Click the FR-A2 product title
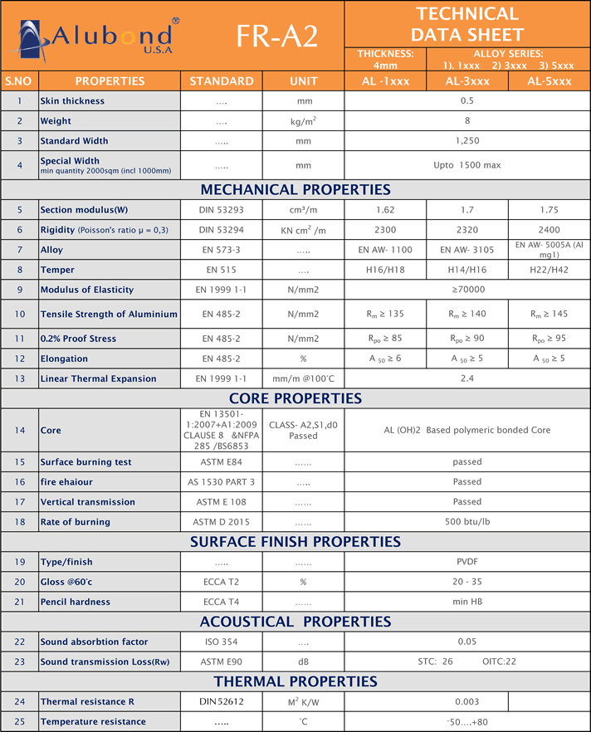click(x=276, y=36)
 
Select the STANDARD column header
click(x=222, y=81)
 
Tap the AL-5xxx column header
click(x=549, y=81)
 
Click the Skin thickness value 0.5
click(x=467, y=101)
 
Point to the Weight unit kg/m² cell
click(x=303, y=121)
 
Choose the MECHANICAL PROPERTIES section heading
click(x=295, y=190)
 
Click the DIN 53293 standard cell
click(x=222, y=210)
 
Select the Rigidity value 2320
click(x=467, y=230)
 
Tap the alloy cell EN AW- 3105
click(x=467, y=250)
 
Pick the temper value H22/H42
click(x=549, y=270)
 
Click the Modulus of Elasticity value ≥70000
click(x=467, y=290)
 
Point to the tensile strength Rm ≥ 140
click(x=467, y=314)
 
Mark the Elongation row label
click(x=64, y=359)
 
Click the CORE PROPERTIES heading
click(x=295, y=398)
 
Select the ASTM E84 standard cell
click(x=222, y=462)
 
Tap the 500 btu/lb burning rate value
click(x=467, y=522)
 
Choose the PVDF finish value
click(x=467, y=562)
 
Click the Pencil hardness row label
click(x=76, y=602)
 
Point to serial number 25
click(x=18, y=722)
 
